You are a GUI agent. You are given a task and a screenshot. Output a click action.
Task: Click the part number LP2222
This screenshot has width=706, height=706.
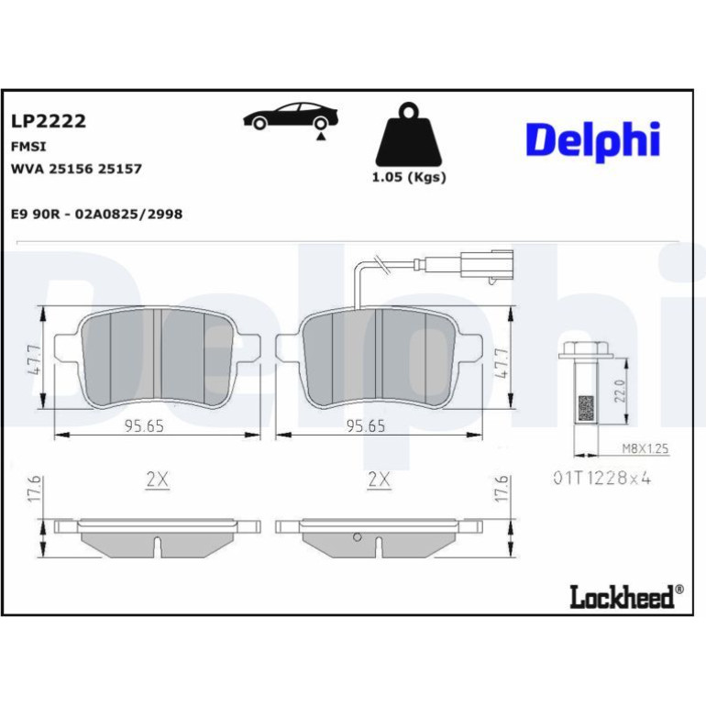tap(49, 121)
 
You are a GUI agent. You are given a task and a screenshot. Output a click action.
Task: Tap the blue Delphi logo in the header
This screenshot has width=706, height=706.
tap(593, 141)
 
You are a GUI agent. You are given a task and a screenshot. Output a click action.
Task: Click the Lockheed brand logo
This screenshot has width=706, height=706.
tap(626, 597)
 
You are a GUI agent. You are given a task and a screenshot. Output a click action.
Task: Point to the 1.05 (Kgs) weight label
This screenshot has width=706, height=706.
tap(409, 177)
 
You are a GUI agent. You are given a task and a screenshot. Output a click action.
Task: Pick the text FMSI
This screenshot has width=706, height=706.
tap(28, 147)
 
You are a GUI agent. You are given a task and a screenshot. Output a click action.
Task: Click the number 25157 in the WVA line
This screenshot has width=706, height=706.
tap(120, 169)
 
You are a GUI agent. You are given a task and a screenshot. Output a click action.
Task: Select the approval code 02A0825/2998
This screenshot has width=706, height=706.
tap(128, 214)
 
